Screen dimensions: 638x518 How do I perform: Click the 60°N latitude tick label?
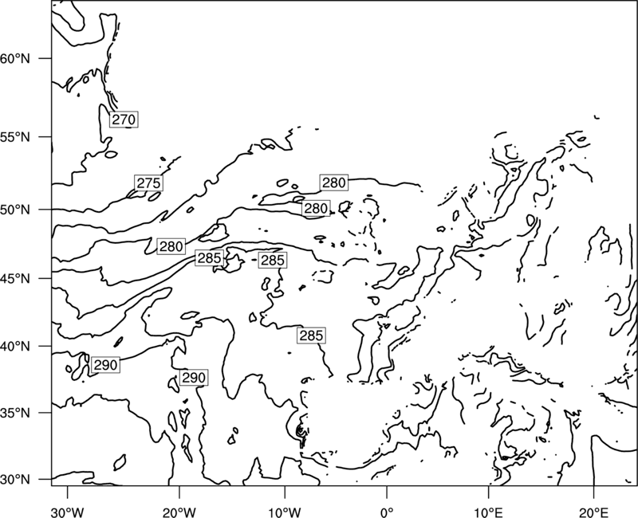[x=15, y=58]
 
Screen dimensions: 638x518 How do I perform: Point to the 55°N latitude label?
[x=15, y=137]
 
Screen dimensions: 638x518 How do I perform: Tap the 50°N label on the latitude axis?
[x=15, y=210]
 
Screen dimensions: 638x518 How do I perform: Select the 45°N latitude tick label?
[x=15, y=278]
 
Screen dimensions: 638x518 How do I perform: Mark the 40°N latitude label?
[x=15, y=346]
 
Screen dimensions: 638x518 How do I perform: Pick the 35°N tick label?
[x=15, y=413]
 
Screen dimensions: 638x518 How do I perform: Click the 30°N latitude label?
[x=15, y=480]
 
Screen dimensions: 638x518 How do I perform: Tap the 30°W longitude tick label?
[x=68, y=512]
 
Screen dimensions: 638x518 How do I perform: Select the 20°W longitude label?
[x=179, y=512]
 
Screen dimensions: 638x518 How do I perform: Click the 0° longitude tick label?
[x=387, y=512]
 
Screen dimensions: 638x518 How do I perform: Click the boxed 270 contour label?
[x=124, y=119]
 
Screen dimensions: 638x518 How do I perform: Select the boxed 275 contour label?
[x=148, y=183]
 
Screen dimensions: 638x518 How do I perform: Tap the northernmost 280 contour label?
[x=333, y=182]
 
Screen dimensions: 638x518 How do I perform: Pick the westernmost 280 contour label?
[x=171, y=246]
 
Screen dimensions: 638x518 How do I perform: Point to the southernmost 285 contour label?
[x=311, y=336]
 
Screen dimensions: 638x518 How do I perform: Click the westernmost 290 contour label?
[x=105, y=365]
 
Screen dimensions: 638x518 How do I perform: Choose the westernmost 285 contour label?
[x=209, y=257]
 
